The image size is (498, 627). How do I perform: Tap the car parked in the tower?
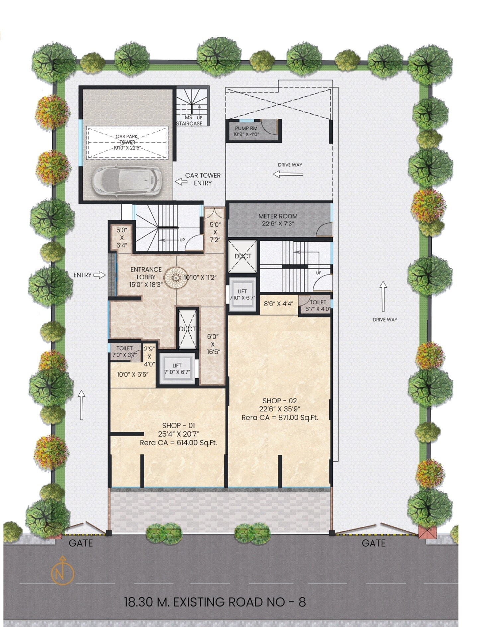126,181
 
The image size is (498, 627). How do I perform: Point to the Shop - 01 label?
178,425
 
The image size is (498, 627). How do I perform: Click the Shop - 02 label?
280,401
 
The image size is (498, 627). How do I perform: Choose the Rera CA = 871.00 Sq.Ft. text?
280,418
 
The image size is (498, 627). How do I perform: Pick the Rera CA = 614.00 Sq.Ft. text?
178,443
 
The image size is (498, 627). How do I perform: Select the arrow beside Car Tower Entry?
181,181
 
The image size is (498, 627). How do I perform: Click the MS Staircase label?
189,120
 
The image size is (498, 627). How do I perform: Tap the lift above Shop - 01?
177,369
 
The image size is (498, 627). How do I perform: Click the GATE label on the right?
373,543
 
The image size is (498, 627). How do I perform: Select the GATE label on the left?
81,543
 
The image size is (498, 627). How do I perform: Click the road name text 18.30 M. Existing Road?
215,602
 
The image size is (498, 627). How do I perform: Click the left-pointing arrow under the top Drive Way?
288,174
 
